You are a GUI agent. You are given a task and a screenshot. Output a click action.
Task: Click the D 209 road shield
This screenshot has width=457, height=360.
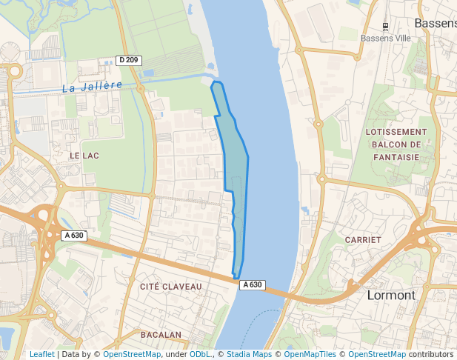[x=128, y=60]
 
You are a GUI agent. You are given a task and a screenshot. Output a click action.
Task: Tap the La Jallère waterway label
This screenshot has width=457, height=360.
[x=92, y=87]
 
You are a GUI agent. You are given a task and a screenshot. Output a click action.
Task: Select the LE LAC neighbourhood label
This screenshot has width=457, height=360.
[x=84, y=156]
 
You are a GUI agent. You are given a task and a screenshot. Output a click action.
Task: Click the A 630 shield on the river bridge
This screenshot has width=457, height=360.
[x=252, y=284]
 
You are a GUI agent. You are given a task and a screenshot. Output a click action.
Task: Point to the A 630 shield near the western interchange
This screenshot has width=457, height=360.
[x=74, y=236]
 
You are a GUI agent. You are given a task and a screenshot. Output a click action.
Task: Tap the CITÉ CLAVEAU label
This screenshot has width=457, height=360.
[x=170, y=286]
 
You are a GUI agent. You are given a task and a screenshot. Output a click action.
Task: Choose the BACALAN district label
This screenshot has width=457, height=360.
[x=160, y=335]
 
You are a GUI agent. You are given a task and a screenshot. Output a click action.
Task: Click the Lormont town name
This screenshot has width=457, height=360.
[x=391, y=295]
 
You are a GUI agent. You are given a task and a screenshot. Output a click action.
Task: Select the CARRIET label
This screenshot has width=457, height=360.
[x=363, y=240]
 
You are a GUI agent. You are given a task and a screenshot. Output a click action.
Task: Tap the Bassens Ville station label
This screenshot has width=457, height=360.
[x=385, y=38]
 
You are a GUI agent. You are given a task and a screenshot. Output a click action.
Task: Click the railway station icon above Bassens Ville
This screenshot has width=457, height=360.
[x=385, y=24]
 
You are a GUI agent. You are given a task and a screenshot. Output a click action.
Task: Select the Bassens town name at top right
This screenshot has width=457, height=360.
[x=436, y=23]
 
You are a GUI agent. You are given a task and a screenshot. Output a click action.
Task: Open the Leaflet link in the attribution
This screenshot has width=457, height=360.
[x=41, y=354]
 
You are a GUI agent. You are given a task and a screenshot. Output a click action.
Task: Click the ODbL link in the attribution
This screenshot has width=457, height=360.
[x=200, y=354]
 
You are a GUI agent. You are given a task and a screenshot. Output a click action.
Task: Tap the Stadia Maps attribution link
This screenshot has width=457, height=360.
[x=249, y=354]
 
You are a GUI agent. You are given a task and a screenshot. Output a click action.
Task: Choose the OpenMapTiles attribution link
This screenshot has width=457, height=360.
[x=312, y=354]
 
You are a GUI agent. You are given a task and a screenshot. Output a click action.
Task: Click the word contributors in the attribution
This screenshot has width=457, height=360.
[x=431, y=354]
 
